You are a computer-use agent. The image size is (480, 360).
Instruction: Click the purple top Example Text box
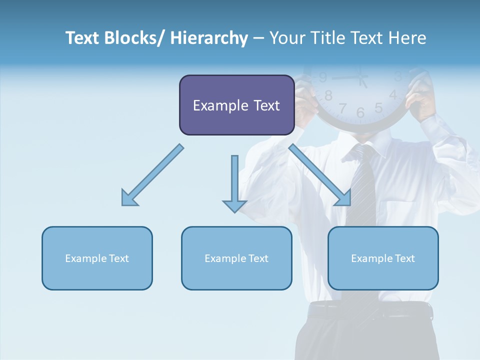(x=236, y=105)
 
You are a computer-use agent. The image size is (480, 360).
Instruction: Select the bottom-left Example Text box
(x=97, y=258)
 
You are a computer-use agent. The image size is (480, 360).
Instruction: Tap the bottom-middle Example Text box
(x=236, y=258)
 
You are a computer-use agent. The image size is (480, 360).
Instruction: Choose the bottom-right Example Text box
(x=383, y=258)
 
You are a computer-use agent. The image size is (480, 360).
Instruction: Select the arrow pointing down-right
(x=320, y=175)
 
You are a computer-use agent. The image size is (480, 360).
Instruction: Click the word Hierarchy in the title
(x=209, y=38)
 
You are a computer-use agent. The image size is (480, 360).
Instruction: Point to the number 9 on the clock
(x=323, y=77)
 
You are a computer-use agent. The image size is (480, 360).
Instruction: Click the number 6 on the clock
(x=360, y=113)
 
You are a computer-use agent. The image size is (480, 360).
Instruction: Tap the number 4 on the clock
(x=393, y=95)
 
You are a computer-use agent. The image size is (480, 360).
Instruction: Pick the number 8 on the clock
(x=328, y=95)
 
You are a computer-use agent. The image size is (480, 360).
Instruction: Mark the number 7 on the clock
(x=342, y=108)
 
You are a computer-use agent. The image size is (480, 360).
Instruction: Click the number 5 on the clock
(x=378, y=108)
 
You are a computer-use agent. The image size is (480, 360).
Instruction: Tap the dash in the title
(x=258, y=38)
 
